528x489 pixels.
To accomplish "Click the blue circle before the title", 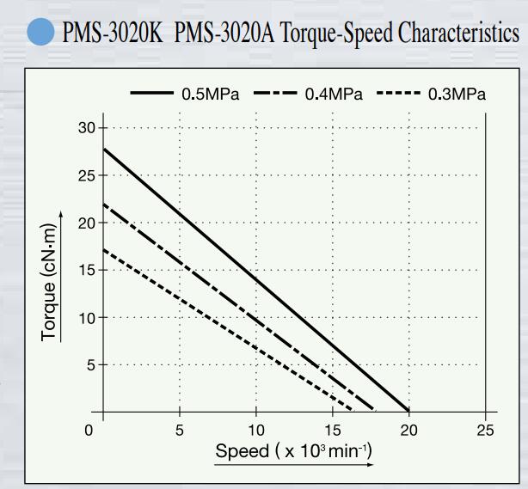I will click(40, 34).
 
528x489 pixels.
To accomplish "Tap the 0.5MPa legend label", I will click(211, 94).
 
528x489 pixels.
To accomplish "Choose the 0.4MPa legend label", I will click(334, 94).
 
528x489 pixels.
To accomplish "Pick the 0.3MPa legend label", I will click(457, 94).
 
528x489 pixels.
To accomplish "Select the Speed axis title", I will click(292, 451).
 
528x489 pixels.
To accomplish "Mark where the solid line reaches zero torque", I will click(409, 411).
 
